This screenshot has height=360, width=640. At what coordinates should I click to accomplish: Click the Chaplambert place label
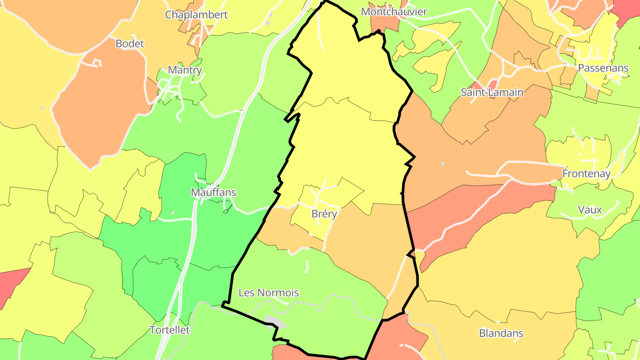pos(196,15)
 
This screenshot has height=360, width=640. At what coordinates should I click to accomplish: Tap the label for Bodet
pos(130,44)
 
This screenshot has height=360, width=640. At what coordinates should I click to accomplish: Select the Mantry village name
pos(185,70)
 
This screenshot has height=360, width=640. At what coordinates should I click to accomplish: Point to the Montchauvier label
pos(394,12)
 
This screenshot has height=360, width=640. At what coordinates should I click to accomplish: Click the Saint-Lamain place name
pos(492,92)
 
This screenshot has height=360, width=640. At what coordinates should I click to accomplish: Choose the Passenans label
pos(603,68)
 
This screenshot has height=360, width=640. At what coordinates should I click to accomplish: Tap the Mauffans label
pos(213,192)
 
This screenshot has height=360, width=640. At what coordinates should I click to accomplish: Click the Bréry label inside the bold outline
pos(324,214)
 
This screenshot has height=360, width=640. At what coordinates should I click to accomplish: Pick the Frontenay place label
pos(587,173)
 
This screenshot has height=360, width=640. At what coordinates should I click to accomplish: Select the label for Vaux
pos(590,210)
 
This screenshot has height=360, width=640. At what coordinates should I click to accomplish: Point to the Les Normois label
pos(269,293)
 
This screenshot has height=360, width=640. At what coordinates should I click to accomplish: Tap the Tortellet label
pos(170,330)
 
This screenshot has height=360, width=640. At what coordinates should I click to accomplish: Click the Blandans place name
pos(501,333)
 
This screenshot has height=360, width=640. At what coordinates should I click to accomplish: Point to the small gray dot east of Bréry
pos(442,164)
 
